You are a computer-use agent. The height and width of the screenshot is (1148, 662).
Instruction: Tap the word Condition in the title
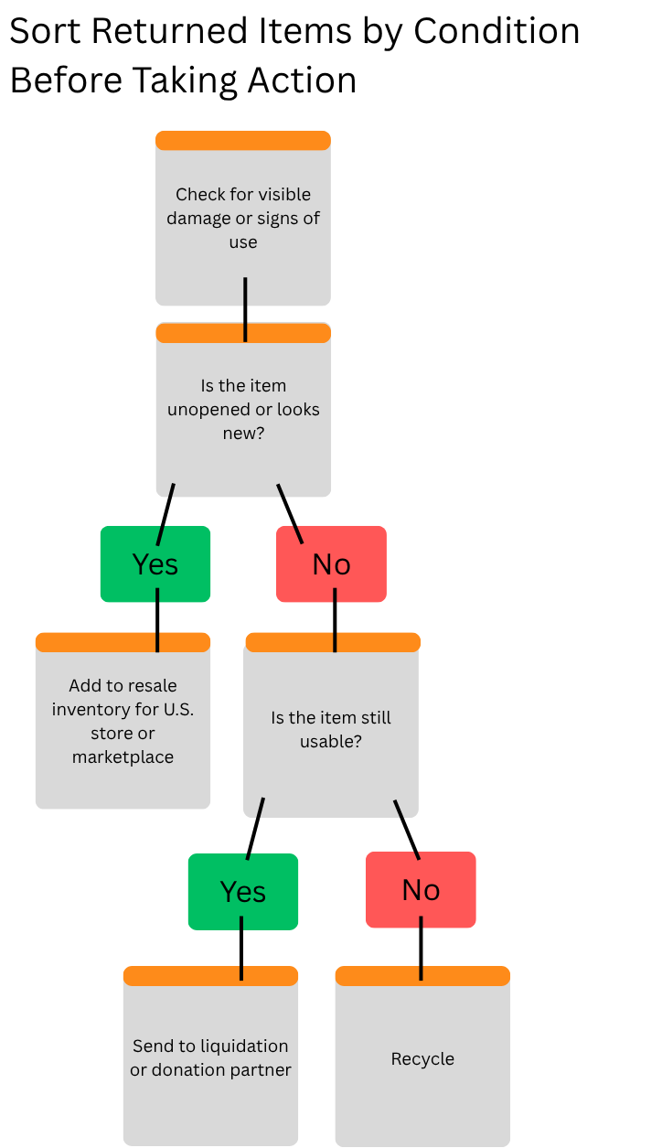(496, 32)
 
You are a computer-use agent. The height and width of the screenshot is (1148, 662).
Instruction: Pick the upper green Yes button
(155, 564)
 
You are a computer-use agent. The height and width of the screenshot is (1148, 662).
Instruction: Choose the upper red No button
(331, 564)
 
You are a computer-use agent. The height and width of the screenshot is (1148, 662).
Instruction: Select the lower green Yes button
(243, 892)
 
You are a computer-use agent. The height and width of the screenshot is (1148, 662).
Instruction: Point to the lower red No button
(421, 890)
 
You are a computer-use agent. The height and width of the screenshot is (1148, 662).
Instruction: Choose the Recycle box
(422, 1089)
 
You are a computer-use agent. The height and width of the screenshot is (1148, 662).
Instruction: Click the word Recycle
(422, 1059)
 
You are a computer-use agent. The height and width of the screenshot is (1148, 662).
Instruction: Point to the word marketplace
(123, 757)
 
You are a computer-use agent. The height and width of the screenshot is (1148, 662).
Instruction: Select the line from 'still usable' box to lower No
(406, 828)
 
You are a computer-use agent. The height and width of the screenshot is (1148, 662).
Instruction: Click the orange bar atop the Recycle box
(422, 976)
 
